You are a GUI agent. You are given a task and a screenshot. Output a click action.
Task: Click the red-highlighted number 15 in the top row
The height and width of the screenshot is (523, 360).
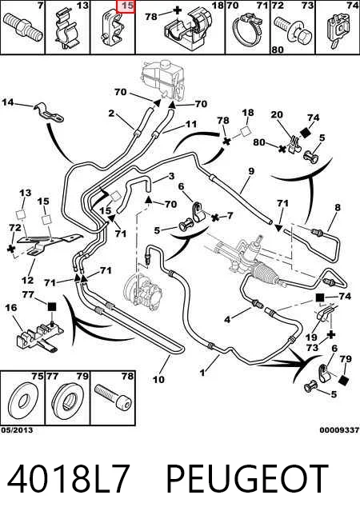[127, 6]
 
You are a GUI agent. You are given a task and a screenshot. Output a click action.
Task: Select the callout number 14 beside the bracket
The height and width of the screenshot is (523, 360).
[8, 102]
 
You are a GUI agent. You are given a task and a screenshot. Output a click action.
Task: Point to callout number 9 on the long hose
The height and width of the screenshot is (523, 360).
[251, 171]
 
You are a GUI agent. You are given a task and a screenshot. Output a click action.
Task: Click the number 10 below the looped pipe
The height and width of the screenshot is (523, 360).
[159, 379]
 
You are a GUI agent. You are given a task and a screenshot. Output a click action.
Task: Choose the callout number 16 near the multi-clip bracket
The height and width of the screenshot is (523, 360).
[11, 307]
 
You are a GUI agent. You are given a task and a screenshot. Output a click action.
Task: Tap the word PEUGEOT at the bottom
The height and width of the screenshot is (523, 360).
[247, 477]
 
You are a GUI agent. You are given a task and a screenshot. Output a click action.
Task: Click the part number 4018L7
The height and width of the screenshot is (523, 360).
[68, 477]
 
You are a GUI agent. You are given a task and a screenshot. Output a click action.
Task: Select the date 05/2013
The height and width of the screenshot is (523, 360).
[17, 430]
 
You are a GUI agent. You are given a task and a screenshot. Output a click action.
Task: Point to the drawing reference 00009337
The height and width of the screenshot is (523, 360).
[339, 430]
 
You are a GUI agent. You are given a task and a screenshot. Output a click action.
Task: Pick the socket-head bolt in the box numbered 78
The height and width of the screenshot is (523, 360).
[113, 397]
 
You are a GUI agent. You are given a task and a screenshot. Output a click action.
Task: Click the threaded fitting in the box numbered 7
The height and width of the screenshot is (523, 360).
[23, 27]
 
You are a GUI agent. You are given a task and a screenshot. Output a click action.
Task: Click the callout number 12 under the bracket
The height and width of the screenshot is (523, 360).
[28, 280]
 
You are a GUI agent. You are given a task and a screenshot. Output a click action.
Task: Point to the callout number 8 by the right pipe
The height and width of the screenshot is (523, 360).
[338, 207]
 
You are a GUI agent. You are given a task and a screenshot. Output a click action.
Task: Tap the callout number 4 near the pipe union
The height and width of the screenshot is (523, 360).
[227, 319]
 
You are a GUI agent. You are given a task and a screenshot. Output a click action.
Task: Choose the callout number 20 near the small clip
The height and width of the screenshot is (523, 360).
[277, 114]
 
